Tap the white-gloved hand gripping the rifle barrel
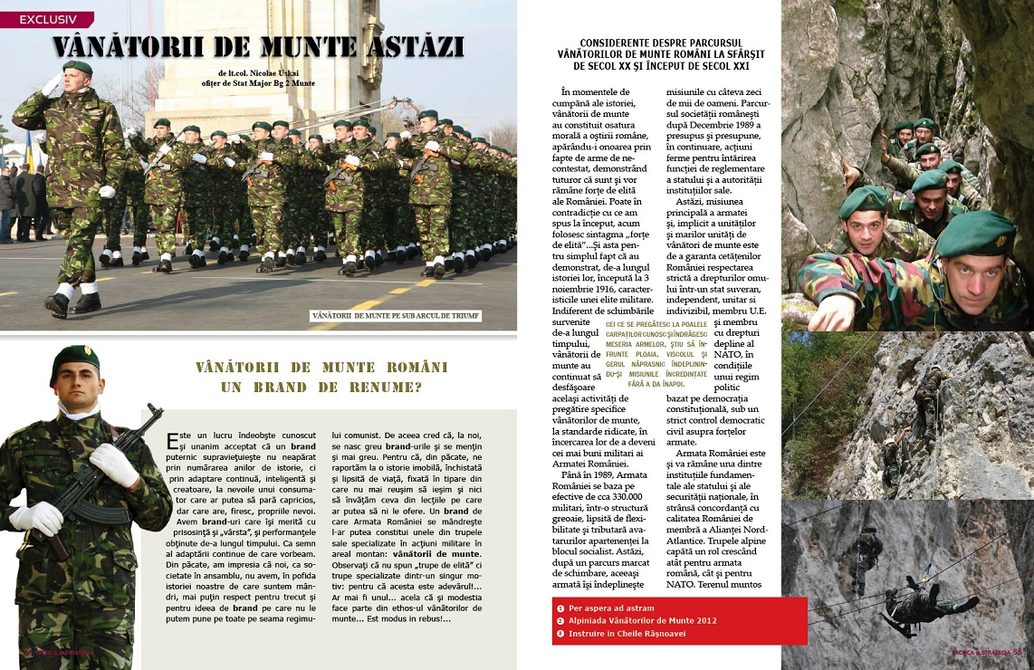(x=114, y=464)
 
